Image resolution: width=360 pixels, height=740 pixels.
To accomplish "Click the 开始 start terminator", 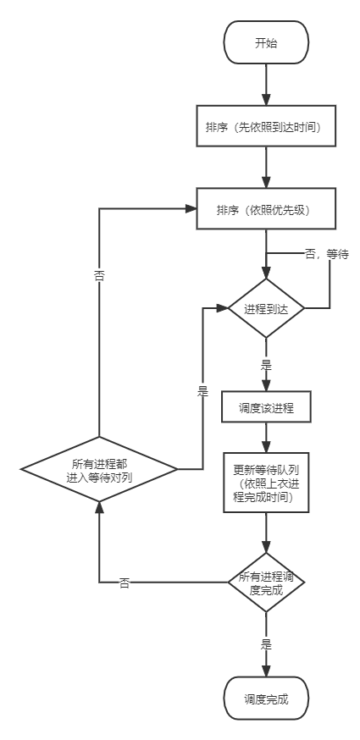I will [x=266, y=43].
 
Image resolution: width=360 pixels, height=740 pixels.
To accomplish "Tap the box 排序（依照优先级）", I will [x=266, y=209].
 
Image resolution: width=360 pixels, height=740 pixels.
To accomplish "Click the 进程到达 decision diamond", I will [x=266, y=308].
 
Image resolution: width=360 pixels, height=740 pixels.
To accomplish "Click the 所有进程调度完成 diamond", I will [x=266, y=583].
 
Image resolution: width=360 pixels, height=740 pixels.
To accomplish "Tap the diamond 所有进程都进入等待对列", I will [x=98, y=469].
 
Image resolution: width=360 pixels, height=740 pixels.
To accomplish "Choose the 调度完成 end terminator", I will [x=266, y=699].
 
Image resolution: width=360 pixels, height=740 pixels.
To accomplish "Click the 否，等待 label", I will [x=326, y=253].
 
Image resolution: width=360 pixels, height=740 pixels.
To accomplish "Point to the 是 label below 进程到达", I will [x=266, y=365].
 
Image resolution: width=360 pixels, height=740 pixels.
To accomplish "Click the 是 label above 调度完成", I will [x=266, y=643].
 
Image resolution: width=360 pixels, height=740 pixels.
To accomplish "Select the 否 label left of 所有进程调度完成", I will [x=125, y=583].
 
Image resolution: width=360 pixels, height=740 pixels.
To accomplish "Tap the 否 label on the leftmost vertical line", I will [x=99, y=274].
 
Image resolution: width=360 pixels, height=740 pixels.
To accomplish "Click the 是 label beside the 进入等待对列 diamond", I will [x=202, y=390].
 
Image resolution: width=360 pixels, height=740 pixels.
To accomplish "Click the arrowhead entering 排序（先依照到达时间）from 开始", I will [x=266, y=99].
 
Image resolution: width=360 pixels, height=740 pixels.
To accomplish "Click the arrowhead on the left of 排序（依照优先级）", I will [x=191, y=208].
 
